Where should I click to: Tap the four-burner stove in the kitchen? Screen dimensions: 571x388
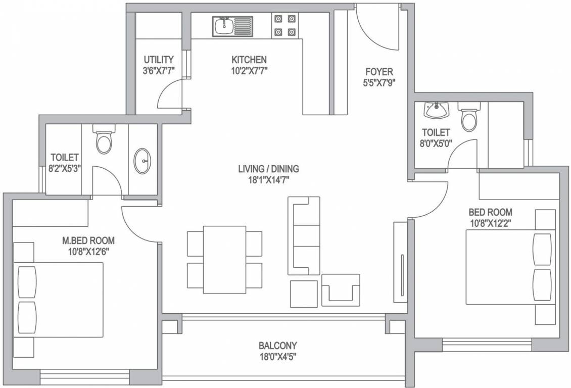pyautogui.click(x=285, y=25)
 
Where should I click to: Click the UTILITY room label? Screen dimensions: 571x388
pyautogui.click(x=158, y=59)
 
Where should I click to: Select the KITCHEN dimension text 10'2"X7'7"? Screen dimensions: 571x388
pyautogui.click(x=250, y=71)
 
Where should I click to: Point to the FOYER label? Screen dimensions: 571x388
pyautogui.click(x=379, y=71)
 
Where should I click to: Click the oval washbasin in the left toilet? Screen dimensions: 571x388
pyautogui.click(x=142, y=161)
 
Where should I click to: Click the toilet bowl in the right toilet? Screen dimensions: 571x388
pyautogui.click(x=469, y=116)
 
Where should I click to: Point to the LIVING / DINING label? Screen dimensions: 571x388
pyautogui.click(x=269, y=169)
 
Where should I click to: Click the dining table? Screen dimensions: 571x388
pyautogui.click(x=224, y=260)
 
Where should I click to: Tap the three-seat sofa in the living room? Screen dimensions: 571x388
pyautogui.click(x=304, y=236)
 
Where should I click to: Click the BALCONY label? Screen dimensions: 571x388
pyautogui.click(x=277, y=345)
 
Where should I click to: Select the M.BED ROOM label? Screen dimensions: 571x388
pyautogui.click(x=88, y=240)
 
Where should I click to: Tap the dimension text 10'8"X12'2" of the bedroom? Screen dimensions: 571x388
pyautogui.click(x=490, y=223)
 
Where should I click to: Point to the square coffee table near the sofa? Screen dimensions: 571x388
pyautogui.click(x=304, y=294)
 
